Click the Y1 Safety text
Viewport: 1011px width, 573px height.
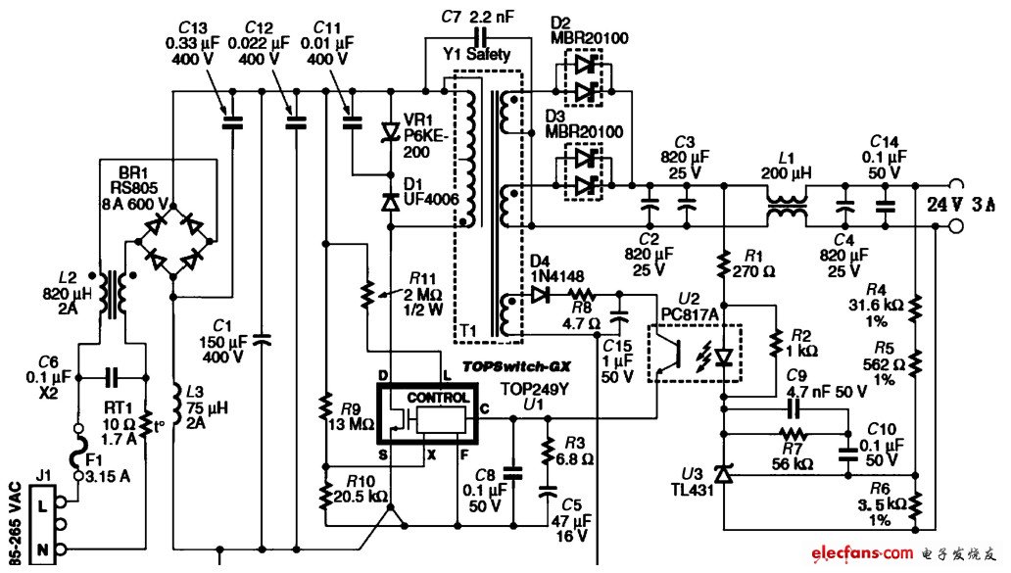coord(476,54)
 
